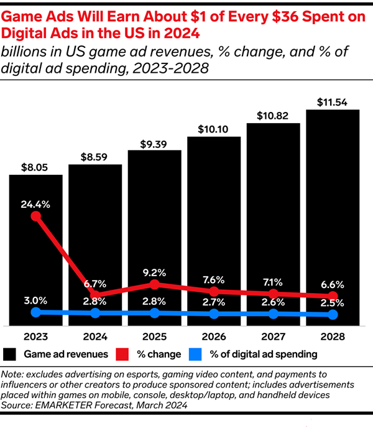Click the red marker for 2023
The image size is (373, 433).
click(x=35, y=216)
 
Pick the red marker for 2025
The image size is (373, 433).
click(x=155, y=284)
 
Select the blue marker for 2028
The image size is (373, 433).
click(x=333, y=315)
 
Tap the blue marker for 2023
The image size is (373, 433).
click(x=35, y=312)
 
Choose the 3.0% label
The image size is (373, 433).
click(x=35, y=299)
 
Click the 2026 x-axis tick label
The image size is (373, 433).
click(x=214, y=336)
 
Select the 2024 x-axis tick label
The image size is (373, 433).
click(x=95, y=336)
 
